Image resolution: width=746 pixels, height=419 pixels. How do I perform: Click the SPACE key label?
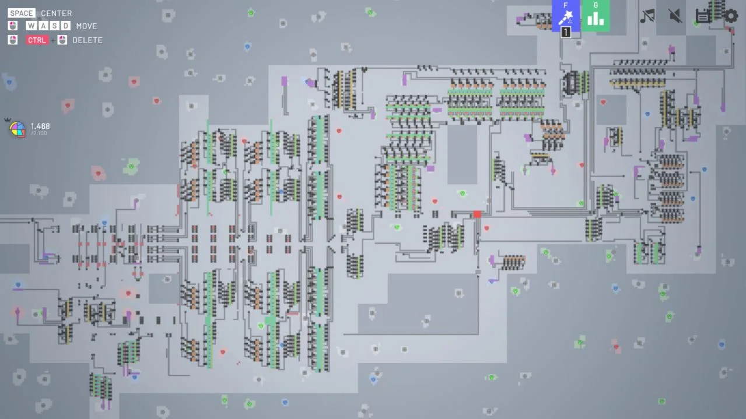[22, 13]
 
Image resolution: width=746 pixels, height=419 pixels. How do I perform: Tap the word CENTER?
[56, 13]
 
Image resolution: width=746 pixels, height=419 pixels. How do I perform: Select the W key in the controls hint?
[31, 26]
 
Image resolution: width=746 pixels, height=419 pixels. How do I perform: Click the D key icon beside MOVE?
[65, 26]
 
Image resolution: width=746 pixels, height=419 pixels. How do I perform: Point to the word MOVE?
[86, 26]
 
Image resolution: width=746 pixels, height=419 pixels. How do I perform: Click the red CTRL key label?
[37, 40]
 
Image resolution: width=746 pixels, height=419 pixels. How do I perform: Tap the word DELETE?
[87, 40]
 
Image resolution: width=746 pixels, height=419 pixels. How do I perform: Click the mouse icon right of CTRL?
[62, 40]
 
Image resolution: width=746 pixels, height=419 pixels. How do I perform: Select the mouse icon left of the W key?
[13, 26]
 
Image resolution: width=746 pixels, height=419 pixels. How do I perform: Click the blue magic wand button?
[566, 16]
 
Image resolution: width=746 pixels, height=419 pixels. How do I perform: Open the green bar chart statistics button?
[596, 16]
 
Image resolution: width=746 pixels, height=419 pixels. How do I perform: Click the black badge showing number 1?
[566, 33]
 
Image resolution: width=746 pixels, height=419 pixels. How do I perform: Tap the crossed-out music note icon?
[647, 16]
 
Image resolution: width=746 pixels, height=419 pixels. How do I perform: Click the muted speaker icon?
[675, 16]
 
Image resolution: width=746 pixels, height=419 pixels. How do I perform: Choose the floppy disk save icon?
[703, 16]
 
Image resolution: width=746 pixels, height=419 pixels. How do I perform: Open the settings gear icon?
[731, 16]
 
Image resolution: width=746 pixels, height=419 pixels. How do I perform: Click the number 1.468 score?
[40, 126]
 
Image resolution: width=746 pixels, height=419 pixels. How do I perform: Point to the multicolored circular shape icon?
[17, 129]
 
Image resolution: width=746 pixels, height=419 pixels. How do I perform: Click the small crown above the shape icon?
[8, 120]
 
